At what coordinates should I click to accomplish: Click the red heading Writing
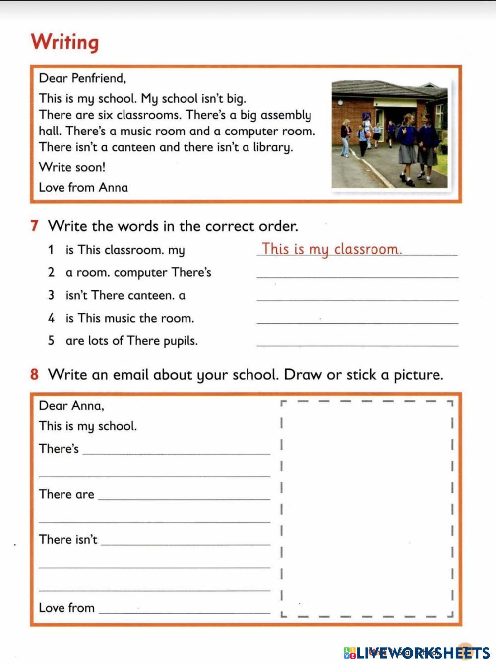[64, 42]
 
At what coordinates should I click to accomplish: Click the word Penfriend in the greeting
[98, 78]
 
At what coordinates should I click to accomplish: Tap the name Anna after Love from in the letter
[113, 187]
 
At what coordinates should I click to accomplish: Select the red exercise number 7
[34, 226]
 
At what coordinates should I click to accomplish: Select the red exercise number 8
[34, 374]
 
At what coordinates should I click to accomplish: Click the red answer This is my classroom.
[331, 249]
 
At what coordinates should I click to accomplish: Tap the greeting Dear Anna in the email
[71, 406]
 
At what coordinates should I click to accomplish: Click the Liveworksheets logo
[416, 653]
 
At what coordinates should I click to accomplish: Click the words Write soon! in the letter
[72, 167]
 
